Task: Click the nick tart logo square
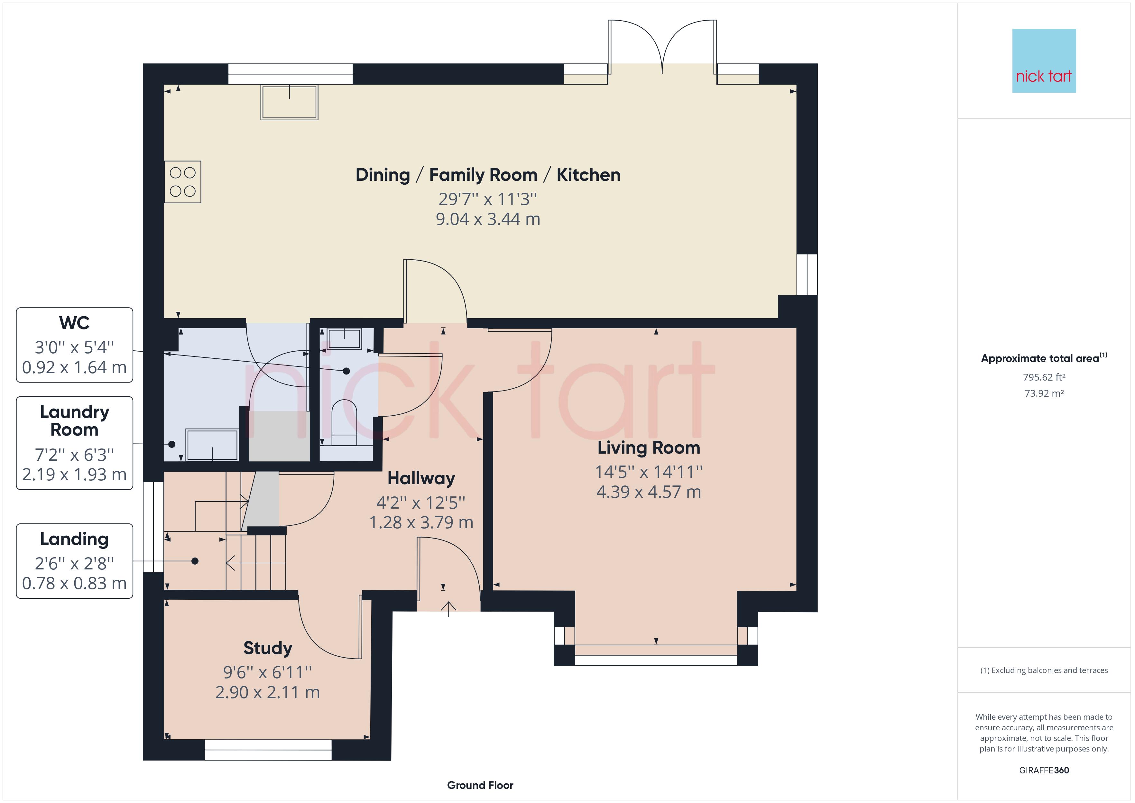tap(1044, 61)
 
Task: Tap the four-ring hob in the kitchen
tap(183, 182)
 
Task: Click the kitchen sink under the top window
tap(289, 102)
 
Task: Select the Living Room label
tap(649, 448)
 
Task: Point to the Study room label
tap(268, 648)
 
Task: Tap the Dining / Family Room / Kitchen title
tap(488, 175)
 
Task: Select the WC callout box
tap(75, 345)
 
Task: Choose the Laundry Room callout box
tap(75, 443)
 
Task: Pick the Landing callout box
tap(75, 561)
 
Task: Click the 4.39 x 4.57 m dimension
tap(649, 492)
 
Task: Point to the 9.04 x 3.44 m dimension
tap(488, 219)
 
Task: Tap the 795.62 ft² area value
tap(1044, 377)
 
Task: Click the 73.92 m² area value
tap(1044, 393)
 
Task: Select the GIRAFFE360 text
tap(1044, 771)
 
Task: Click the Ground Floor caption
tap(480, 785)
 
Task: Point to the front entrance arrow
tap(448, 609)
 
